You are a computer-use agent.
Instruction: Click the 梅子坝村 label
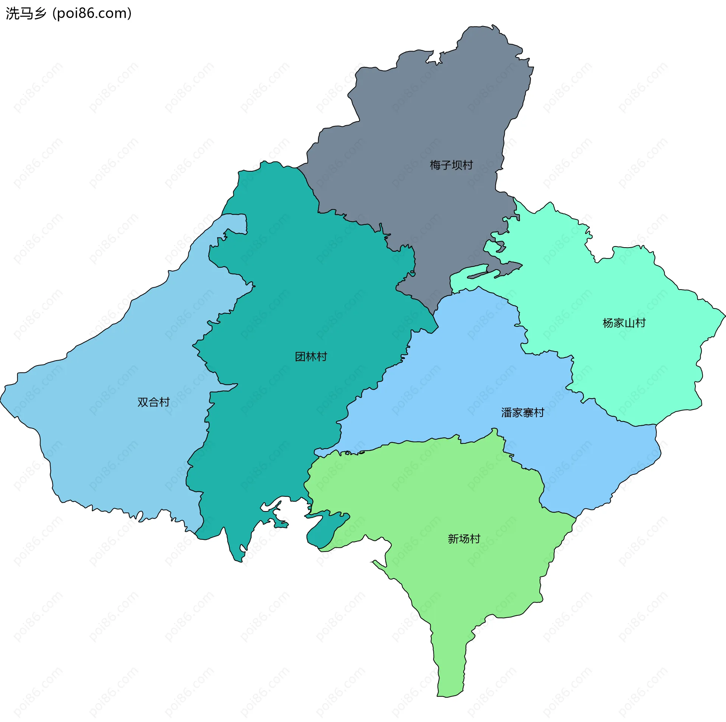[451, 165]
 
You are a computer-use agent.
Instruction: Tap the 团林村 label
[311, 356]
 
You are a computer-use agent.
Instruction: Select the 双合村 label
[153, 402]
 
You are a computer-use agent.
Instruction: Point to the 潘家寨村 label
[523, 412]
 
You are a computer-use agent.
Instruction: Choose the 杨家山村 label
[624, 323]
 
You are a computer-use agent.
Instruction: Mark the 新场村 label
[464, 539]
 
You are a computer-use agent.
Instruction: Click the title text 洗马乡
[26, 13]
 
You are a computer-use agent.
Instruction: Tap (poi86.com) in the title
[92, 13]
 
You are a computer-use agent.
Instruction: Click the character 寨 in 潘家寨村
[528, 412]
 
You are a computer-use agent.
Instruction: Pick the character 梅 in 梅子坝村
[435, 165]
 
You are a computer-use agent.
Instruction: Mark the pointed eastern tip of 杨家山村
[724, 315]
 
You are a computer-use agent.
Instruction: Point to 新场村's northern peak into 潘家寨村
[494, 430]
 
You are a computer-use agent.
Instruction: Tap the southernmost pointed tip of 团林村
[239, 561]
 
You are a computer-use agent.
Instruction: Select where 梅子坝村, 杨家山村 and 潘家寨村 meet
[453, 293]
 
